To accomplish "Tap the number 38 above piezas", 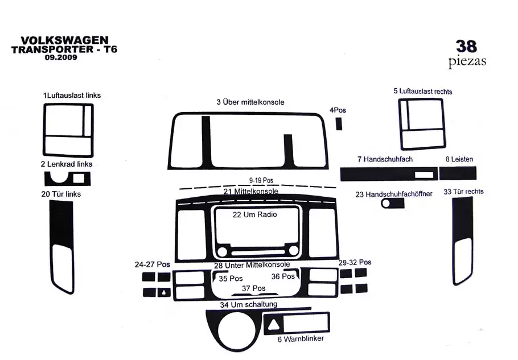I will pos(466,45).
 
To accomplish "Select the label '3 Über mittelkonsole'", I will pos(250,102).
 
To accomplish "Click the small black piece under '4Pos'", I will pos(339,123).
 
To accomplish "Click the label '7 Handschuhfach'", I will pos(385,159).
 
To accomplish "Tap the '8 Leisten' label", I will pos(459,160).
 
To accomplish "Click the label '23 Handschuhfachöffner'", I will pos(394,194).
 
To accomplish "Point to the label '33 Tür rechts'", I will pos(463,192).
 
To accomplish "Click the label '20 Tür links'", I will pos(61,194).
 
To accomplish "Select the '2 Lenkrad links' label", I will pos(66,164).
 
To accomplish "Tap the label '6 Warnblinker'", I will pos(301,339).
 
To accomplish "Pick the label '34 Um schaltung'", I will pos(249,305).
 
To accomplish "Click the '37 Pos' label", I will pos(254,288).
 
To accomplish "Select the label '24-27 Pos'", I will pos(152,264).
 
